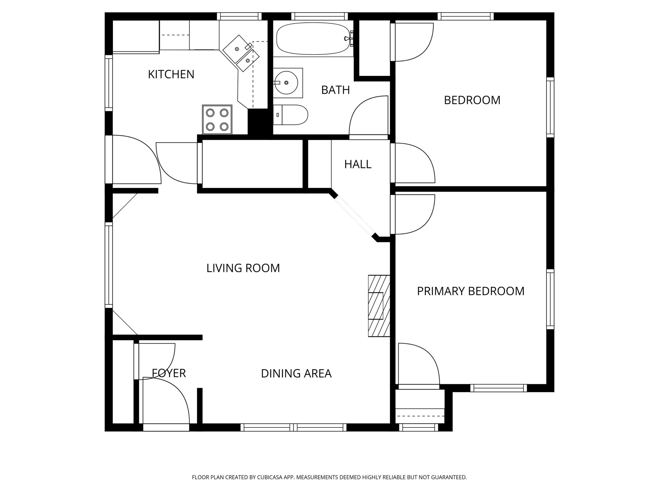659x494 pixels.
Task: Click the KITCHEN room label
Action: [x=171, y=74]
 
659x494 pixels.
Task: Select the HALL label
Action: [x=358, y=164]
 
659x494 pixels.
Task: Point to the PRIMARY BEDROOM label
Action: [x=471, y=291]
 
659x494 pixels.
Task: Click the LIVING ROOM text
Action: [x=243, y=268]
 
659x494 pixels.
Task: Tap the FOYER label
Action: [x=169, y=373]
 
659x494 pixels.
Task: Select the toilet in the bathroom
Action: [x=290, y=115]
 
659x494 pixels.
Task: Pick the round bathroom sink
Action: [x=286, y=83]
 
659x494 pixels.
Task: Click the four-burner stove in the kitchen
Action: [x=217, y=119]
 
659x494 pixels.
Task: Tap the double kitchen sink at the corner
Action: [x=241, y=53]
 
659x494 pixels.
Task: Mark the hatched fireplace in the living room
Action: [x=379, y=306]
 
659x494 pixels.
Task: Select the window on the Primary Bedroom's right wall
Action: [x=550, y=299]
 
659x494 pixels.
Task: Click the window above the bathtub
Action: [x=319, y=16]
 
